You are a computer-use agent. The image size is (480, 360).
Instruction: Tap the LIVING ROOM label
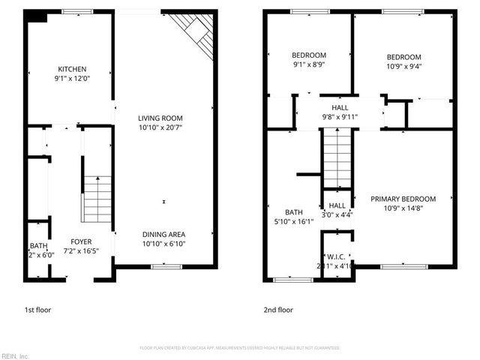click(160, 118)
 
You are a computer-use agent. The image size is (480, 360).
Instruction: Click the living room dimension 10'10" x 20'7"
click(160, 128)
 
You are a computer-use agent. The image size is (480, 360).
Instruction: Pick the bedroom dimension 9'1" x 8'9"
click(309, 64)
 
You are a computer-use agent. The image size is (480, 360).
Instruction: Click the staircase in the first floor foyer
click(95, 196)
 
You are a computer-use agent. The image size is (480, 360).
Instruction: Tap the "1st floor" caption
click(37, 309)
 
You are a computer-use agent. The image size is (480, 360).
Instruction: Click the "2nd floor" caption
click(278, 309)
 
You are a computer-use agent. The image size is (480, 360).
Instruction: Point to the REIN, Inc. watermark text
click(15, 355)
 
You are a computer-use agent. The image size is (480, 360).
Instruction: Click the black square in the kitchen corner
click(37, 17)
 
